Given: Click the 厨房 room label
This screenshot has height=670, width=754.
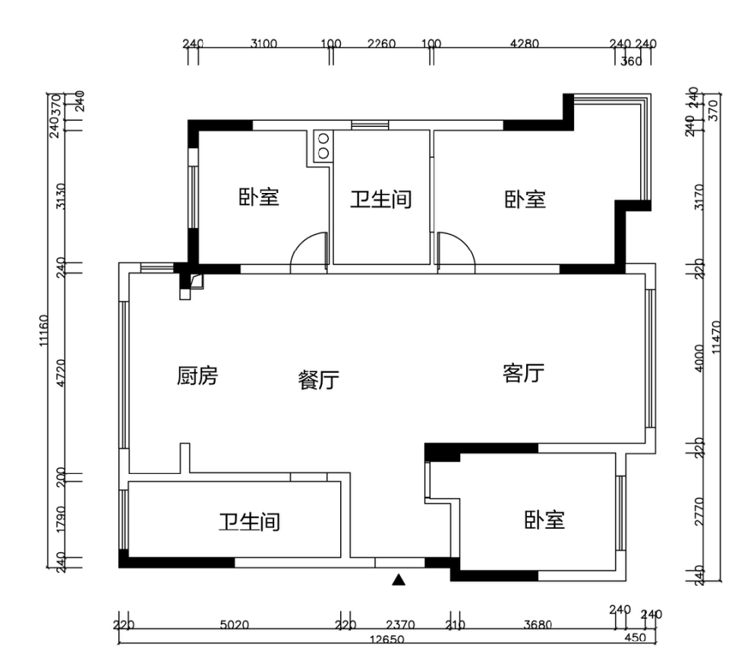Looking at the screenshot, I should tap(197, 376).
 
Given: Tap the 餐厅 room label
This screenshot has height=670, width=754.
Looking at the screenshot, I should tap(318, 381).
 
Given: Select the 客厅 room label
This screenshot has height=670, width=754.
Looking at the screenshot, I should tap(523, 374).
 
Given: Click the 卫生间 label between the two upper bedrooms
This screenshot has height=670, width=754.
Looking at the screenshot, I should tap(380, 200).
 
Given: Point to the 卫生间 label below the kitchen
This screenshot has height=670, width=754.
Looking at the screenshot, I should tap(250, 522).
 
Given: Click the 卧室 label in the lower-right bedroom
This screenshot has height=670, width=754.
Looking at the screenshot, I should tap(544, 520).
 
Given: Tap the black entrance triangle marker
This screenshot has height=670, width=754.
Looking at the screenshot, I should tap(398, 581).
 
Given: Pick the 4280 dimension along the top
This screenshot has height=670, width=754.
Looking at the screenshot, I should tap(524, 43).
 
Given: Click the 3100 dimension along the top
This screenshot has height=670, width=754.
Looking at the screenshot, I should tap(263, 43).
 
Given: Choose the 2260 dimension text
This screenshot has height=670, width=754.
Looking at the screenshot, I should tap(381, 43).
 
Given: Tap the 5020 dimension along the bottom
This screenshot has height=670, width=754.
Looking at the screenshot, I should tap(235, 626).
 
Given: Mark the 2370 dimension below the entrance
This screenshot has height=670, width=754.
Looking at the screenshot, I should tap(399, 626).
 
